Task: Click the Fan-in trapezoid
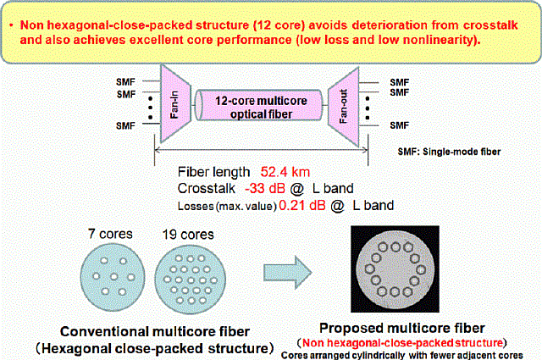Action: click(173, 104)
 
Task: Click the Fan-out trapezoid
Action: click(349, 104)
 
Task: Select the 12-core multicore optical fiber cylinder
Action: click(261, 105)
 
